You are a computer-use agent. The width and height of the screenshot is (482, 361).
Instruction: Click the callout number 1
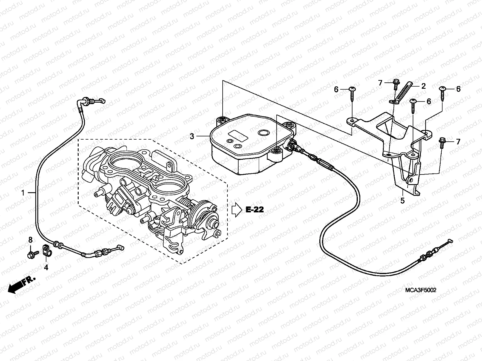(x=23, y=193)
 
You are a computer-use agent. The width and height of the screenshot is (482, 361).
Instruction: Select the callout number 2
(x=423, y=86)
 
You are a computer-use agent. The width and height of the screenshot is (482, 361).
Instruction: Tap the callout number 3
(x=192, y=137)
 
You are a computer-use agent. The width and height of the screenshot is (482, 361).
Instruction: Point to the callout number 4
(x=46, y=267)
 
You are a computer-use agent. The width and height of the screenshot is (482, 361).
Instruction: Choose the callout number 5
(x=402, y=200)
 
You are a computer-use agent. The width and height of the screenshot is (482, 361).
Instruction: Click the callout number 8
(x=30, y=240)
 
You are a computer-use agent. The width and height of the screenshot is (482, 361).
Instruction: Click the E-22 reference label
(x=255, y=210)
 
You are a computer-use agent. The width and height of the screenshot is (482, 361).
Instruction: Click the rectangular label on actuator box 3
(x=238, y=136)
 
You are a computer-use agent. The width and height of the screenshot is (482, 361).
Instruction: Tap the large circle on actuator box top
(x=264, y=133)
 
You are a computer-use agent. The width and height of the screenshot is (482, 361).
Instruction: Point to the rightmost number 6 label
(x=458, y=89)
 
